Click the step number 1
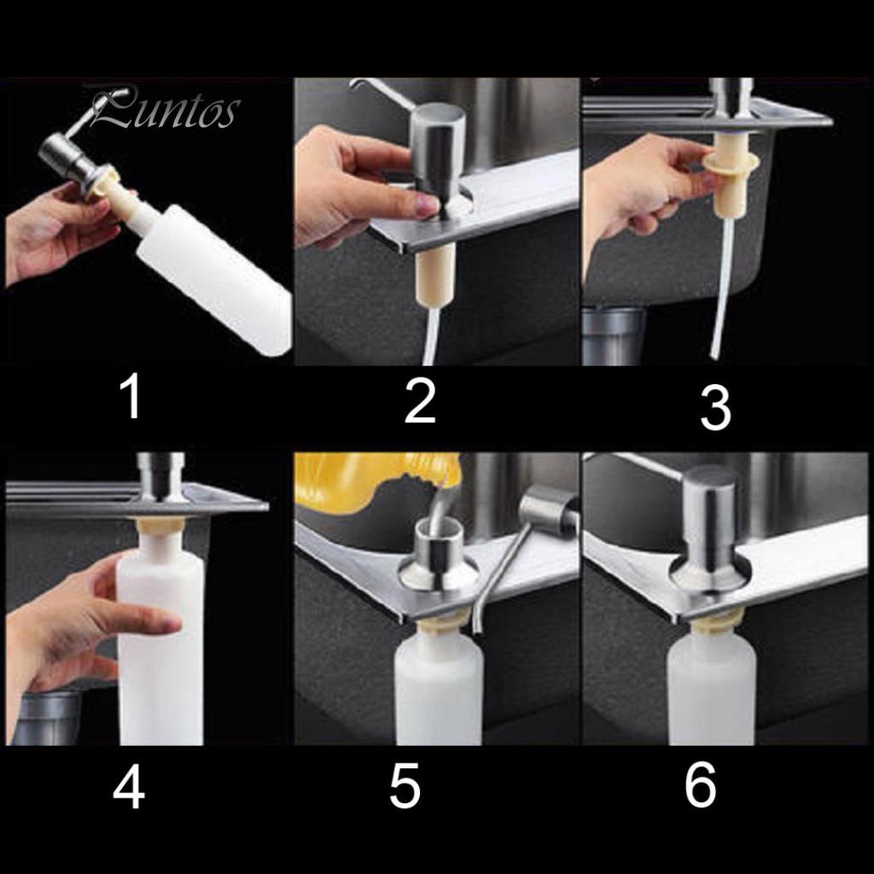coord(132,396)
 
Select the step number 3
coord(715,409)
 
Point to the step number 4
coord(129,786)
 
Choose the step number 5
coord(405,786)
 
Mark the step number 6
coord(700,784)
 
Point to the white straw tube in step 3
coord(722,287)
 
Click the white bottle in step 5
coord(438,685)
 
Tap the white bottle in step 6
coord(711,689)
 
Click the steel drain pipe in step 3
coord(613,334)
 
